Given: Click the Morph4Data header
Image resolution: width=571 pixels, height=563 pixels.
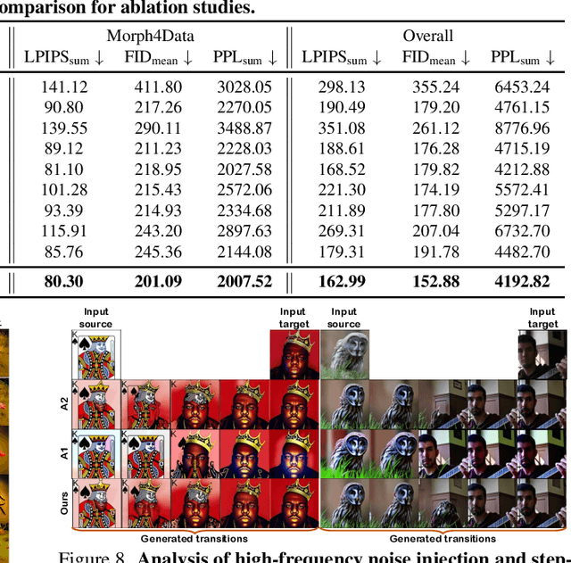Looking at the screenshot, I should pyautogui.click(x=150, y=36).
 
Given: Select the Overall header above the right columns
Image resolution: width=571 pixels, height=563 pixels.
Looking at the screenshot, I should pyautogui.click(x=428, y=36).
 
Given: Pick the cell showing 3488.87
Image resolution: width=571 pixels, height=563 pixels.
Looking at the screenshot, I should pyautogui.click(x=243, y=128).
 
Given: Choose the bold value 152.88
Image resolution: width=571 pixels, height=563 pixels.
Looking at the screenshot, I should pyautogui.click(x=430, y=281).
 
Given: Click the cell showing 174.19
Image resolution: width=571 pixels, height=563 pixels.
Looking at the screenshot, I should pyautogui.click(x=430, y=189).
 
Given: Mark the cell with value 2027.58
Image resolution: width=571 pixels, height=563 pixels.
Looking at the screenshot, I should pyautogui.click(x=243, y=169).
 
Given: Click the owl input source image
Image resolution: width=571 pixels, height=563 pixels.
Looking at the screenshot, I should pyautogui.click(x=343, y=354).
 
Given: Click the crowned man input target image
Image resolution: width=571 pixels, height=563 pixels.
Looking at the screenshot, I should pyautogui.click(x=294, y=354).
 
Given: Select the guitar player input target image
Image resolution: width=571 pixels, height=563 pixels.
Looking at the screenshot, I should pyautogui.click(x=542, y=354).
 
